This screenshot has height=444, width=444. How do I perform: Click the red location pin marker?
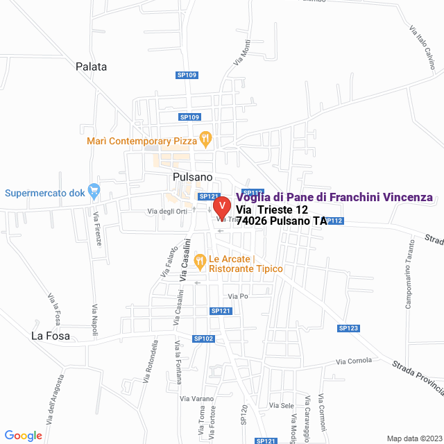[x=221, y=206]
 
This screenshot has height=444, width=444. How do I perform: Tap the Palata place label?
[x=92, y=67]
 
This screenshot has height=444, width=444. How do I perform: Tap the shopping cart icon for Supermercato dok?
[x=95, y=189]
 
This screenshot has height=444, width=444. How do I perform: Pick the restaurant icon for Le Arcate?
[x=200, y=262]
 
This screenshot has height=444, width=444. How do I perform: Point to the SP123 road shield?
[x=348, y=328]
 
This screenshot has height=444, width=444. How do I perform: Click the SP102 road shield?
[x=204, y=339]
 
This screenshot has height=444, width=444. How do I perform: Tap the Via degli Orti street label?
[x=167, y=211]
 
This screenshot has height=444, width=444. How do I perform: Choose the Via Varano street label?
[x=196, y=399]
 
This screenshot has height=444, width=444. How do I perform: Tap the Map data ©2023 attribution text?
[x=414, y=438]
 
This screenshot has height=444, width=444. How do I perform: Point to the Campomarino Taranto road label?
[x=409, y=274]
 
